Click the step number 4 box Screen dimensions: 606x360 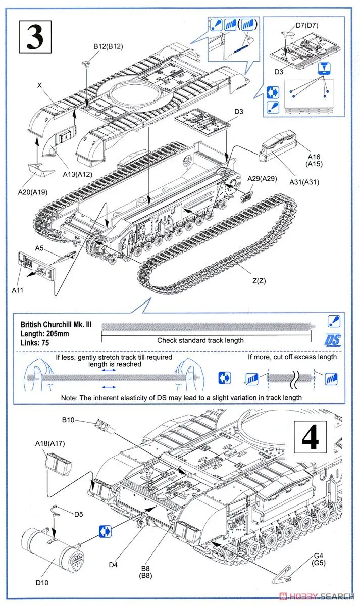pyautogui.click(x=310, y=437)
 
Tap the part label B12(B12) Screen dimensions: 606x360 pyautogui.click(x=108, y=46)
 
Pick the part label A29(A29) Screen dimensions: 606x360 pyautogui.click(x=262, y=179)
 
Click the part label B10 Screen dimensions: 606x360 pyautogui.click(x=68, y=420)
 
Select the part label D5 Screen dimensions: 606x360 pyautogui.click(x=78, y=514)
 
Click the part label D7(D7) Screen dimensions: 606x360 pyautogui.click(x=307, y=25)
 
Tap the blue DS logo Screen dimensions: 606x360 pyautogui.click(x=334, y=339)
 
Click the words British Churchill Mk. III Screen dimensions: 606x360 pyautogui.click(x=53, y=325)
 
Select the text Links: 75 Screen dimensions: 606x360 pyautogui.click(x=34, y=343)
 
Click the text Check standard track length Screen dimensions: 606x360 pyautogui.click(x=200, y=340)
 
